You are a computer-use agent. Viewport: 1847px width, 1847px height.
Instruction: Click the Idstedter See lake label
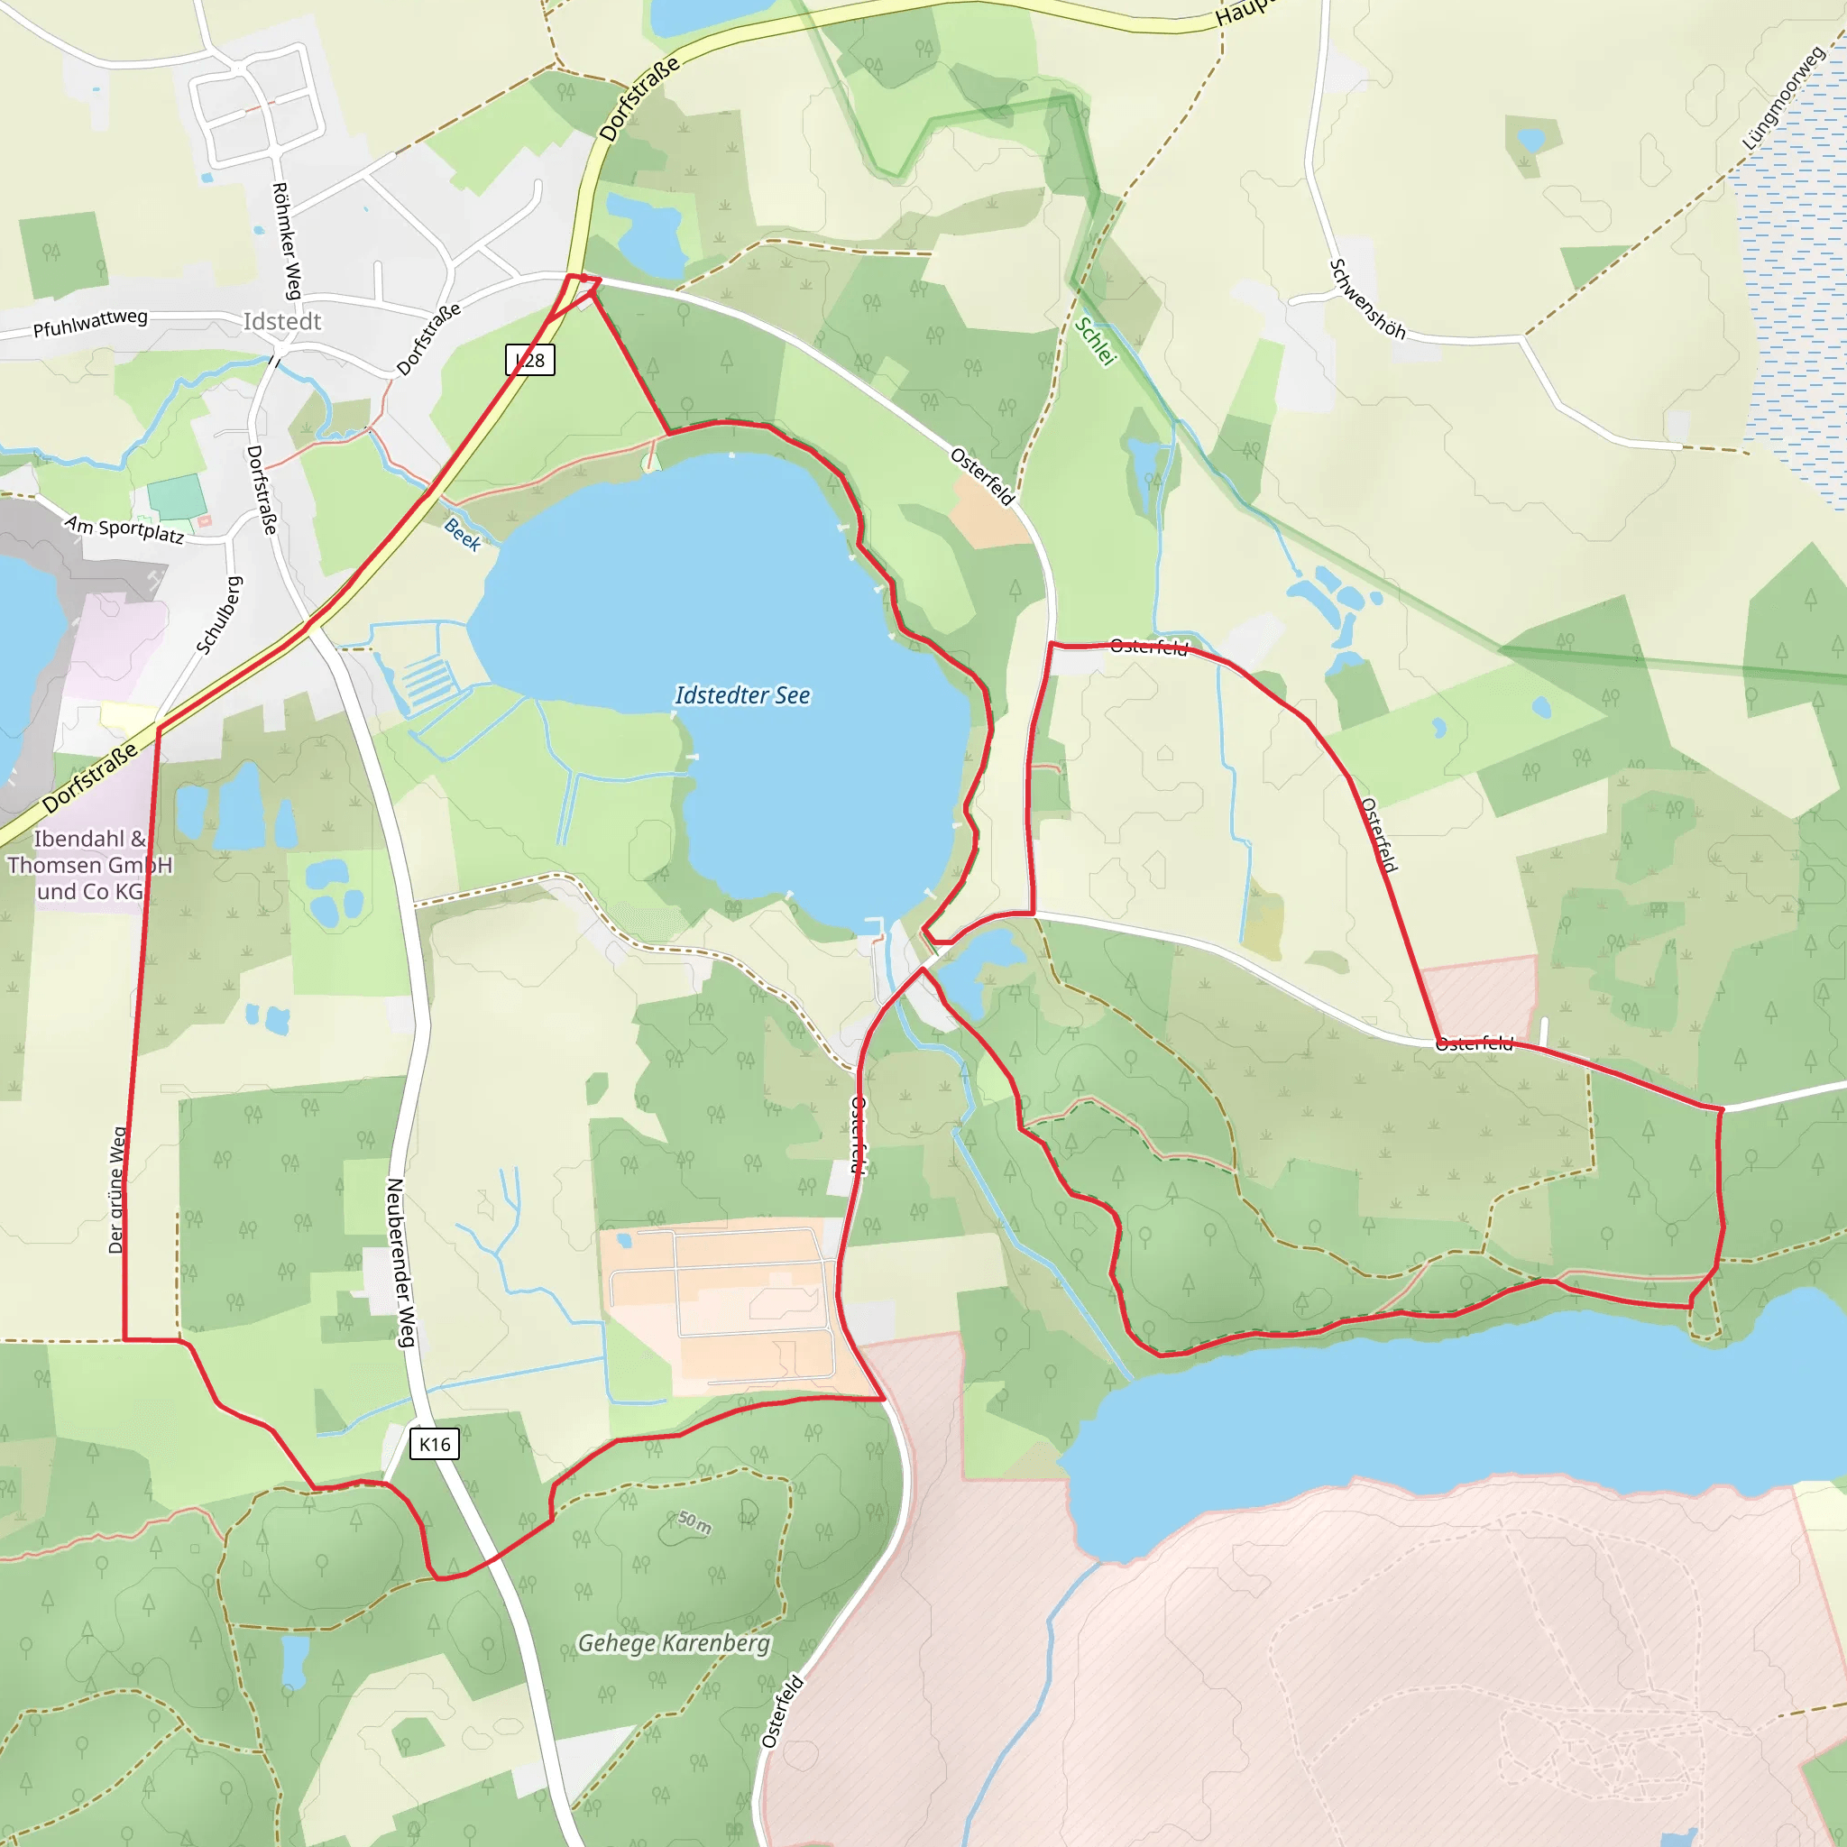[742, 696]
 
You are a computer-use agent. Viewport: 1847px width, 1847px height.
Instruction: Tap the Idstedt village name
[282, 321]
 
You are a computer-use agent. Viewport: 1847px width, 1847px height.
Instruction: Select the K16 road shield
[435, 1444]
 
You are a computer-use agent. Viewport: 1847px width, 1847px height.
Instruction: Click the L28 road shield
[529, 361]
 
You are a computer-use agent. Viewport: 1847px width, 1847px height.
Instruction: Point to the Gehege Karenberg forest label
[674, 1643]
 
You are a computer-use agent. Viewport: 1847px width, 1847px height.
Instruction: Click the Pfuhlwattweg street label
[91, 323]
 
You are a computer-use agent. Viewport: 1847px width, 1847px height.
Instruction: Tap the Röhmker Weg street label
[287, 241]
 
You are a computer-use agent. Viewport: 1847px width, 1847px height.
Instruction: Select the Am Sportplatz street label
[124, 528]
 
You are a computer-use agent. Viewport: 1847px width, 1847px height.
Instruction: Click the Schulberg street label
[220, 616]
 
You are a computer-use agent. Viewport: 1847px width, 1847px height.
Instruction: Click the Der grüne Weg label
[116, 1190]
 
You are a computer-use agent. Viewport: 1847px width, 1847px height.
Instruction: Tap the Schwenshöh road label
[1368, 299]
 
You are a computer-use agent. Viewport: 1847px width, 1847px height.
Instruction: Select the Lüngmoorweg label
[1783, 98]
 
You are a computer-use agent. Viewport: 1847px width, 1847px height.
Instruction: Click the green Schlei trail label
[1096, 341]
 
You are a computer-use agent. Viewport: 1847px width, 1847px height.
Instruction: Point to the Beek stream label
[463, 535]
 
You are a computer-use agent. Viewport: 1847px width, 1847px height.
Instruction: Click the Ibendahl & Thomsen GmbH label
[90, 865]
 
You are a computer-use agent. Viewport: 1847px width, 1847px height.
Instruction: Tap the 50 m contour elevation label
[695, 1521]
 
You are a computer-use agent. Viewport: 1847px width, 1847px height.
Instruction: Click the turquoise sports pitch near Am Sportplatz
[177, 497]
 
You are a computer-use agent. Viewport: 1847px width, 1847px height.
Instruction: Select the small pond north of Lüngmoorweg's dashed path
[1530, 142]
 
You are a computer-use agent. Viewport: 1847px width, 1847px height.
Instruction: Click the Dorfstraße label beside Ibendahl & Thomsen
[91, 777]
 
